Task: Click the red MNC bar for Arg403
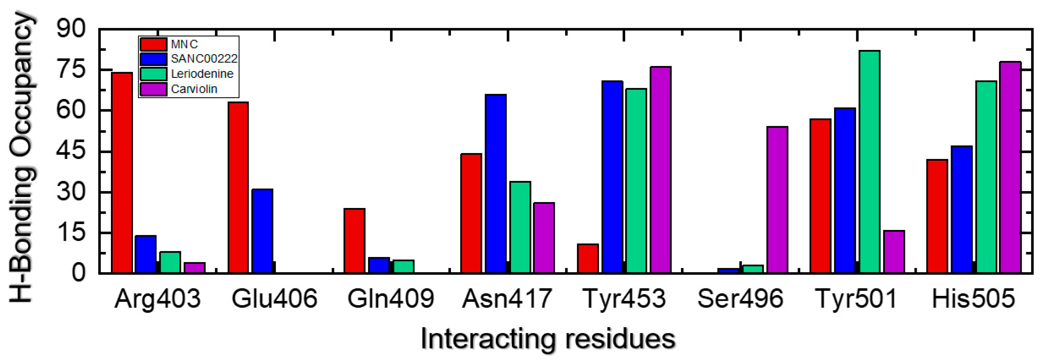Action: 122,172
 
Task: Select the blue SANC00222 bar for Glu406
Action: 262,231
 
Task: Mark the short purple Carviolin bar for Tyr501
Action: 894,252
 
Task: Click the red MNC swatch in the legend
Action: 153,44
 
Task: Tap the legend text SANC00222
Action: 204,59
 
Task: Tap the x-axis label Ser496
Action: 740,299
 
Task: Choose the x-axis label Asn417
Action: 507,299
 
